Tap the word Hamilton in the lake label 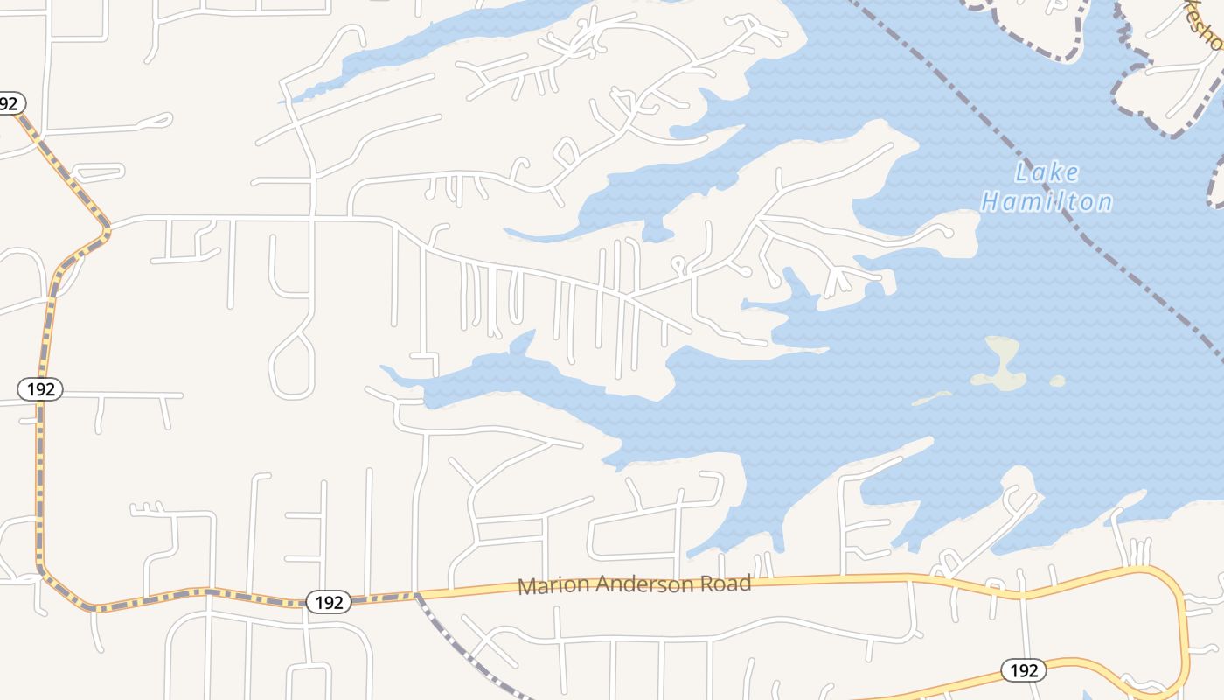click(x=1047, y=202)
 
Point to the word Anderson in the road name click(x=641, y=584)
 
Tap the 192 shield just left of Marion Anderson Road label click(x=329, y=602)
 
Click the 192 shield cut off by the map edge click(x=9, y=103)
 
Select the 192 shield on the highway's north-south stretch click(x=40, y=389)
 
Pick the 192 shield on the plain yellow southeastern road click(x=1023, y=670)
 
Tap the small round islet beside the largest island click(x=1058, y=381)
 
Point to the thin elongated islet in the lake click(x=932, y=399)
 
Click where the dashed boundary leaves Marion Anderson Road click(x=417, y=595)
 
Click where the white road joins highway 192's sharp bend click(x=109, y=227)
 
